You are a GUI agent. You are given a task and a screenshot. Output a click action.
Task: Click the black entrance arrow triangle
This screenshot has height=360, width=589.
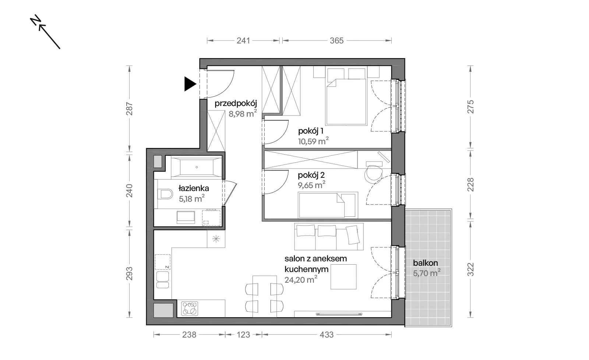click(x=190, y=84)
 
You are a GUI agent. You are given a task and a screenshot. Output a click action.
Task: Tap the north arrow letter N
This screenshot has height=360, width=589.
click(x=35, y=21)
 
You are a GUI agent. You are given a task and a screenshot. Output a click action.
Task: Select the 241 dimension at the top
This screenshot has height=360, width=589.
click(x=243, y=41)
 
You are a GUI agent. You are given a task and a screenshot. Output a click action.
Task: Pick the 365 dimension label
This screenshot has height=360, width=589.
click(x=336, y=41)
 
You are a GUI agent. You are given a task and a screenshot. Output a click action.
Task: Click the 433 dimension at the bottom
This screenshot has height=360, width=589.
click(x=327, y=335)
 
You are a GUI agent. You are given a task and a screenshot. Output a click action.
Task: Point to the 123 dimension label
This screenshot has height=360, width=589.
click(x=243, y=335)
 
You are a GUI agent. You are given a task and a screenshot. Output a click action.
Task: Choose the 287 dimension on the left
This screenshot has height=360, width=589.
click(x=129, y=109)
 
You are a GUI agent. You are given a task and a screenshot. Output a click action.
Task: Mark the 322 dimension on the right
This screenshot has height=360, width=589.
click(x=470, y=269)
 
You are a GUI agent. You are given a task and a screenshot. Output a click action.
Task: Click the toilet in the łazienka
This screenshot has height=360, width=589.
click(x=165, y=194)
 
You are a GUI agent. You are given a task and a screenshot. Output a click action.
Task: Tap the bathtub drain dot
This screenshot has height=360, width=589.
click(x=197, y=167)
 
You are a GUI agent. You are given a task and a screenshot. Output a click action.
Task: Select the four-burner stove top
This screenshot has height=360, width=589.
click(x=190, y=308)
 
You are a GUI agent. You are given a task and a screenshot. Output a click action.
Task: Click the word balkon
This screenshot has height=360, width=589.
click(x=425, y=263)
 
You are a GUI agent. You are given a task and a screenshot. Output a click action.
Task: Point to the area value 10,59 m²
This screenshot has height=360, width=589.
click(x=313, y=141)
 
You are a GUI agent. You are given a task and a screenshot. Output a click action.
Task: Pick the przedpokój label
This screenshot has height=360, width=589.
click(x=236, y=103)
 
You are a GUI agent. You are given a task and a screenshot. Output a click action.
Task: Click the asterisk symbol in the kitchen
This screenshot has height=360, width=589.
click(x=216, y=239)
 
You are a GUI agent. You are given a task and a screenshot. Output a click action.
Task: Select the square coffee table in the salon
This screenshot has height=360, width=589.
click(x=343, y=277)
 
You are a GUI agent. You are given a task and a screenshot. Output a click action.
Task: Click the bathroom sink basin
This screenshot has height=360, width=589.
click(x=186, y=217)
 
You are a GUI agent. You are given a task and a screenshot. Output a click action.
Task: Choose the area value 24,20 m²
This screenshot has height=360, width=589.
click(x=301, y=279)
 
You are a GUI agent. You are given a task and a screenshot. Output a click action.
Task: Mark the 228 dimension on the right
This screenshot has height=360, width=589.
click(x=470, y=185)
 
